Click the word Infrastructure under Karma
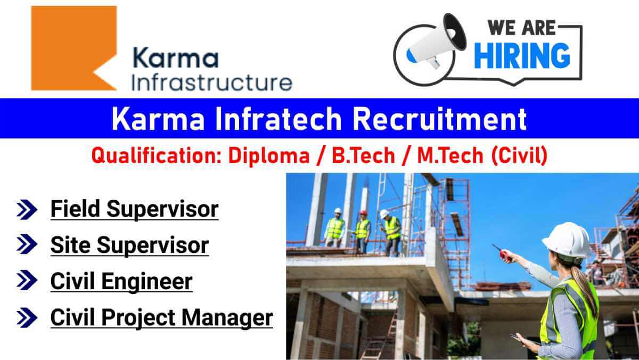pyautogui.click(x=212, y=83)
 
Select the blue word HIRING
pyautogui.click(x=522, y=56)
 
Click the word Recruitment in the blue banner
pyautogui.click(x=440, y=119)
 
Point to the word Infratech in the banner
pyautogui.click(x=278, y=119)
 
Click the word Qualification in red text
pyautogui.click(x=157, y=156)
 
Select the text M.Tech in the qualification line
pyautogui.click(x=450, y=156)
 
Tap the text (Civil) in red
pyautogui.click(x=519, y=156)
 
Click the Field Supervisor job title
pyautogui.click(x=134, y=209)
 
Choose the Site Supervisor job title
pyautogui.click(x=129, y=246)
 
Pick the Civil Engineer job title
pyautogui.click(x=121, y=282)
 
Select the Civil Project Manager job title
pyautogui.click(x=162, y=318)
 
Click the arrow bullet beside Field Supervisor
pyautogui.click(x=27, y=210)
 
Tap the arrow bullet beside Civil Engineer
pyautogui.click(x=27, y=280)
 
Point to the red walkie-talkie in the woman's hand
pyautogui.click(x=502, y=252)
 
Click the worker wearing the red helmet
pyautogui.click(x=363, y=231)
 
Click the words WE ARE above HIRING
pyautogui.click(x=521, y=28)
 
